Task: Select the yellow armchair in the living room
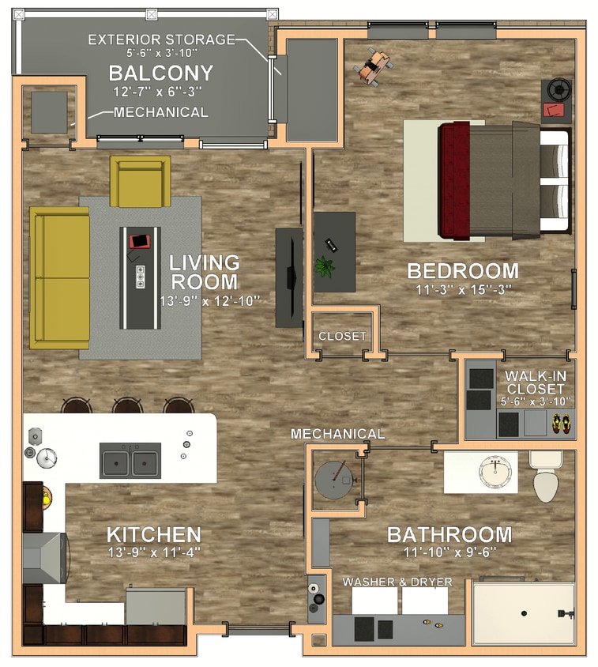tap(141, 181)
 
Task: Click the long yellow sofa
tap(59, 277)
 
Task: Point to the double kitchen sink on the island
tap(130, 461)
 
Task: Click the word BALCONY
tap(160, 73)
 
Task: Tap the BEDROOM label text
tap(463, 271)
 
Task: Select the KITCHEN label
tap(153, 534)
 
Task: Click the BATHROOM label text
tap(449, 535)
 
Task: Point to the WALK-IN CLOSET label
tap(535, 382)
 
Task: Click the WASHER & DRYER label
tap(397, 582)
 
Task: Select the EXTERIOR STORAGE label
tap(161, 39)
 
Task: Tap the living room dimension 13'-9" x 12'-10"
tap(209, 301)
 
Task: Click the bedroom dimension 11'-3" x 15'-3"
tap(464, 289)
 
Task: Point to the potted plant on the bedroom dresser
tap(325, 266)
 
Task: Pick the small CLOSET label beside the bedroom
tap(342, 337)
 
